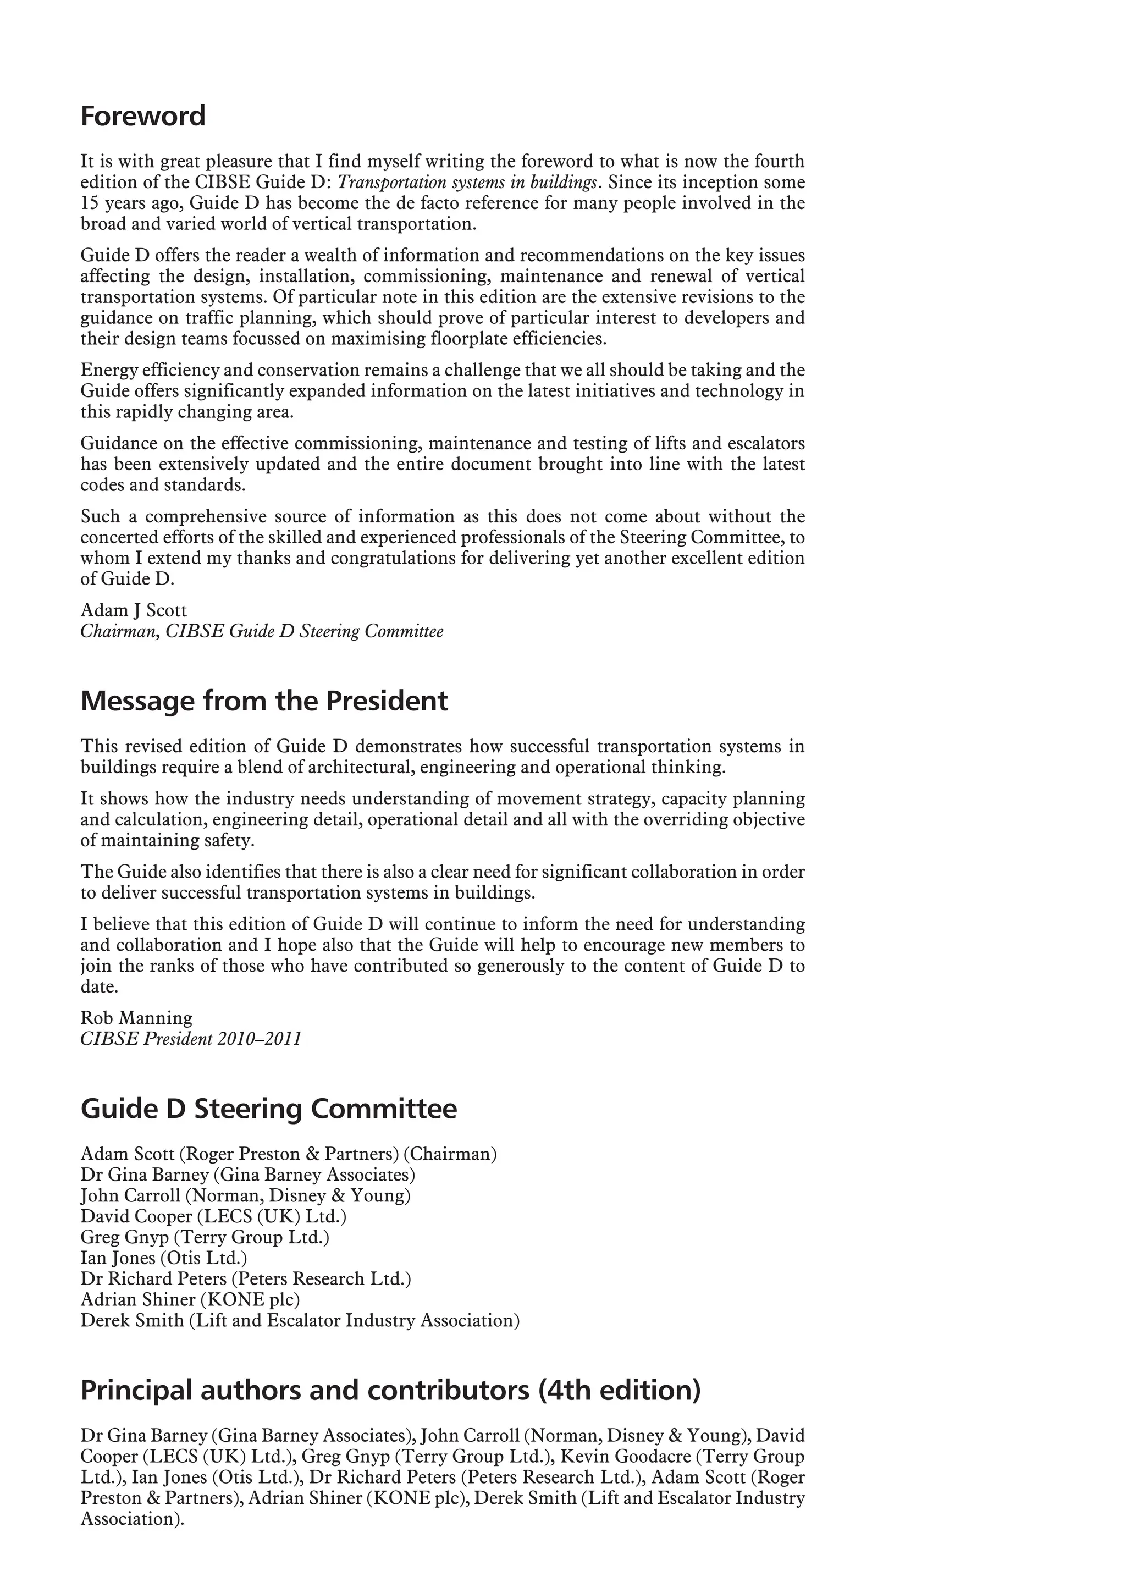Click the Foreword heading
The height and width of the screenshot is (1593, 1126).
(x=143, y=116)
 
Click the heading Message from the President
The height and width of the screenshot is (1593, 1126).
(x=264, y=701)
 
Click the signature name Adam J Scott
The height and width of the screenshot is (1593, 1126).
(x=134, y=610)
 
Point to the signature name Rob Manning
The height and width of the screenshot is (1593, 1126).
(x=137, y=1018)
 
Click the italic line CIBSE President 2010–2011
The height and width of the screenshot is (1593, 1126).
(x=191, y=1039)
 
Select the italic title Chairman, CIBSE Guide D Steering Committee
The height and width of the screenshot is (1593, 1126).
(x=262, y=631)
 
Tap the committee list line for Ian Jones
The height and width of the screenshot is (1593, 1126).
(x=164, y=1257)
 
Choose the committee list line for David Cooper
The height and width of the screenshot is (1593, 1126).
(x=213, y=1216)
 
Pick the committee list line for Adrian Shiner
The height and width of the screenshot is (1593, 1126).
(x=190, y=1299)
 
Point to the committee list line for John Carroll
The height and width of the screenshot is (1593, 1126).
(x=245, y=1195)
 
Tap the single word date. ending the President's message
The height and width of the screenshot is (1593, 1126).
(x=99, y=986)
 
